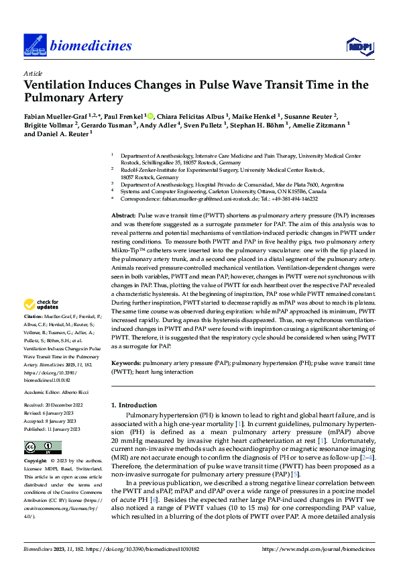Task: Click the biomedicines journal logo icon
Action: point(34,45)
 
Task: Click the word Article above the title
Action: point(33,73)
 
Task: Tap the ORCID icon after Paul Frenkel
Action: point(150,115)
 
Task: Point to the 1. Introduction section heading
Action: point(133,405)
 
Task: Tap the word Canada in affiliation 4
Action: point(319,191)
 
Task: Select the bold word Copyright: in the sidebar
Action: point(36,462)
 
